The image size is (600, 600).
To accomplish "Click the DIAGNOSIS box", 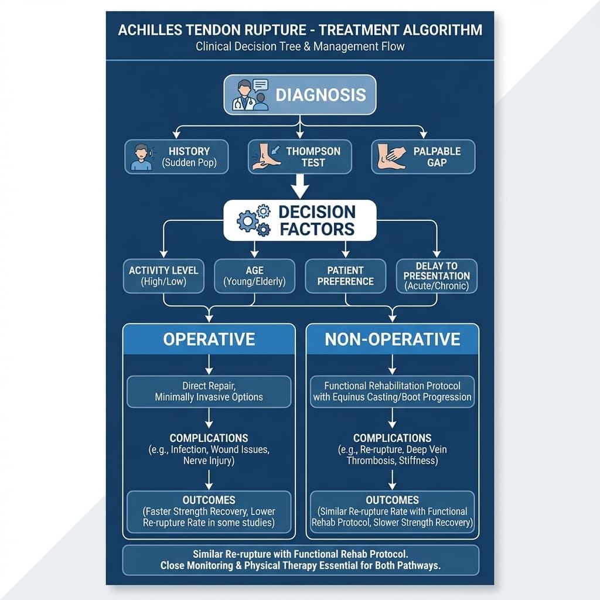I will click(300, 94).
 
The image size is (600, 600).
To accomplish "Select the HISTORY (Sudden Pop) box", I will click(176, 156).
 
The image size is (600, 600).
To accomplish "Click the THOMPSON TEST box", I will click(299, 156).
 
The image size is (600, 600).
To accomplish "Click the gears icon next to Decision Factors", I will click(254, 220).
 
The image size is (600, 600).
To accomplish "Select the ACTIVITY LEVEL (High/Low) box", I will click(163, 275).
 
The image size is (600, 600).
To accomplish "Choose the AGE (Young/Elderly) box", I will click(254, 275).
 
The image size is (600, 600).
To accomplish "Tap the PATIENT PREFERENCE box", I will click(346, 275).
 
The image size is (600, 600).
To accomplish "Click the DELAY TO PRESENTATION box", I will click(437, 275).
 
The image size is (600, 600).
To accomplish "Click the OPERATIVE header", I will click(209, 339).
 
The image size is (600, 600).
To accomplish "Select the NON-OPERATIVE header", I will click(393, 339).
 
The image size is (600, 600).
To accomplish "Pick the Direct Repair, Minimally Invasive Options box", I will click(209, 391).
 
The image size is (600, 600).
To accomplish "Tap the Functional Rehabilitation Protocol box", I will click(393, 391).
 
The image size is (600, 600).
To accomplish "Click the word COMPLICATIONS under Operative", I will click(209, 438).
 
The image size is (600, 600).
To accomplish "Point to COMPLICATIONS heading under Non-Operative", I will click(393, 438).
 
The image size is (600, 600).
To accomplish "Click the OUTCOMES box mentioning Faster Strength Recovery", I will click(209, 512).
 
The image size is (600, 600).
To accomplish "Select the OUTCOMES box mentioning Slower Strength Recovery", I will click(393, 512).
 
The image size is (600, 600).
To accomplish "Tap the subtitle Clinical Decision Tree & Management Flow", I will click(300, 46).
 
